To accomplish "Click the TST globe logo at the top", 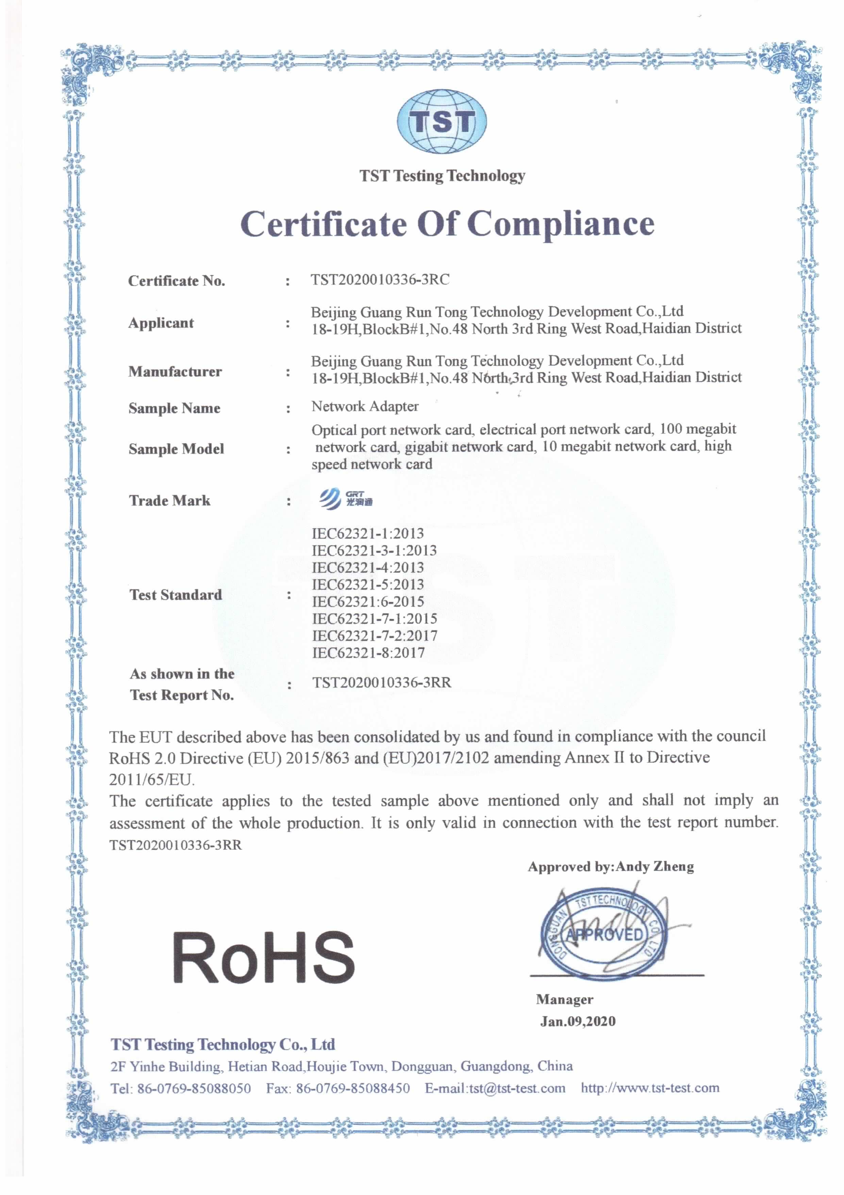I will (x=442, y=122).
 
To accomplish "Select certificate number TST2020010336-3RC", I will (x=380, y=280).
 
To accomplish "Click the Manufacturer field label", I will (x=175, y=372).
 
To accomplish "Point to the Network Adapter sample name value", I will (x=365, y=407).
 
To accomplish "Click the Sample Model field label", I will (x=176, y=449).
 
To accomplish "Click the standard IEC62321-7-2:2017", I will (x=375, y=636).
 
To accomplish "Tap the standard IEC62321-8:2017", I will (x=368, y=653).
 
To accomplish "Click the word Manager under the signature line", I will (x=564, y=999).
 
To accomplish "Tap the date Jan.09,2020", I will (x=577, y=1021).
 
